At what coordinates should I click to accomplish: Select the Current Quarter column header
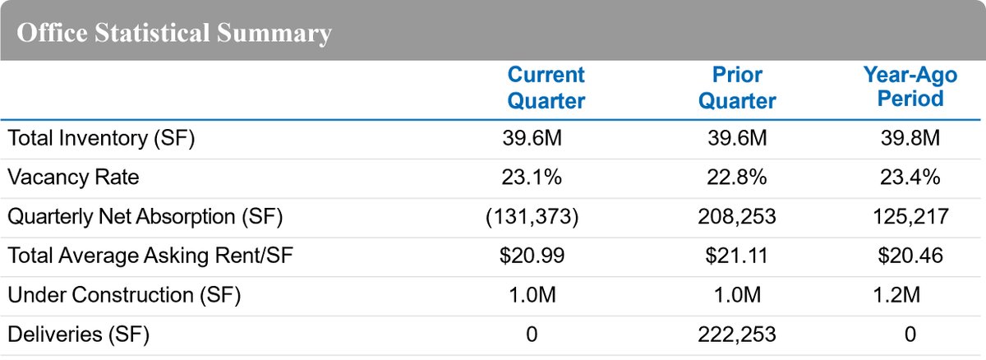pos(546,88)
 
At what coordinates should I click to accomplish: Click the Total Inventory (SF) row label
pos(100,139)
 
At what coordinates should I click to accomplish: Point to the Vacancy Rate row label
pos(73,178)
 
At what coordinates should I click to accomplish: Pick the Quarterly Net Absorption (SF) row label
pos(145,217)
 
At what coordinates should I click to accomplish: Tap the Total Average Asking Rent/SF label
pos(150,256)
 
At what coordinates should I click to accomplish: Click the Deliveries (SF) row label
pos(79,335)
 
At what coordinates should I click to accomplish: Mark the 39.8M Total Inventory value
pos(909,139)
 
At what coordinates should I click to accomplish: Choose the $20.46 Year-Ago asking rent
pos(909,256)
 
